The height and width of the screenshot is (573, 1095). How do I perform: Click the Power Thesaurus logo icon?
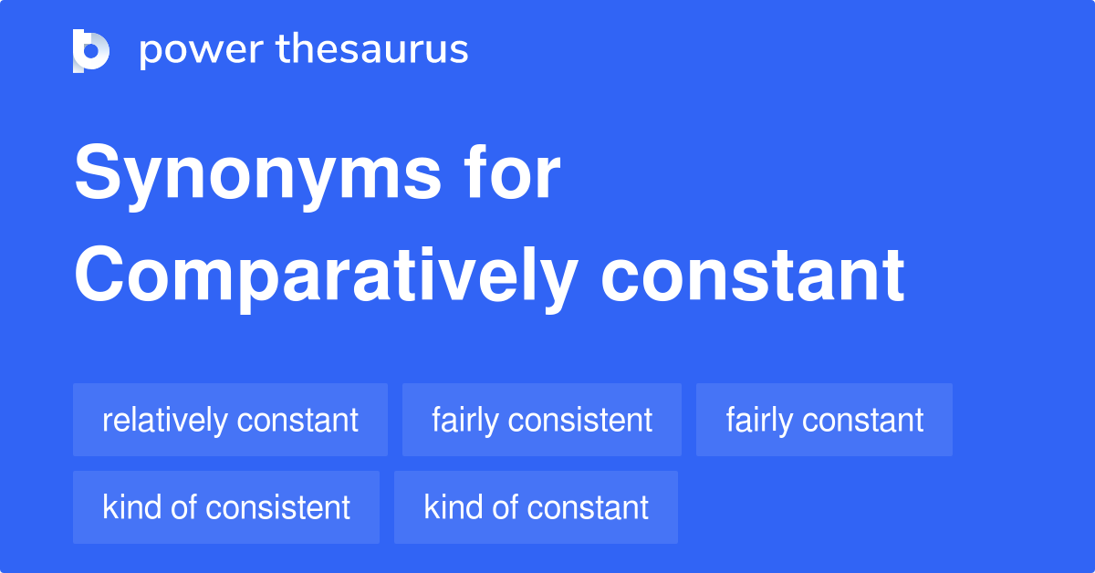91,51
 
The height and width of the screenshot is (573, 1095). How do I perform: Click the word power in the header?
202,50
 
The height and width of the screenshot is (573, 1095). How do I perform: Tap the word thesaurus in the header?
372,48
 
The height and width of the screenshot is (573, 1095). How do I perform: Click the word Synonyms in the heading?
257,175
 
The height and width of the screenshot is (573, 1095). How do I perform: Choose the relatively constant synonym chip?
230,420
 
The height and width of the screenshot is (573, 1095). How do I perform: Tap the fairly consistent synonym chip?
542,420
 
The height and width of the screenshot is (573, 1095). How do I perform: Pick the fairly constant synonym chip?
824,420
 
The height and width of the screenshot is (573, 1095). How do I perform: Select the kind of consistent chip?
226,507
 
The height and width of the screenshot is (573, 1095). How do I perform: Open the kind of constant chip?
536,507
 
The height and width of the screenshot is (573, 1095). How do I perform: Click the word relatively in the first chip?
165,420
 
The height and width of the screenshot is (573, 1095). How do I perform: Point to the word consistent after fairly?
579,420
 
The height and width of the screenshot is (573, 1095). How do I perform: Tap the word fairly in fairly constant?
759,420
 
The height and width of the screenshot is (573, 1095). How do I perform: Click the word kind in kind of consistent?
132,506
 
